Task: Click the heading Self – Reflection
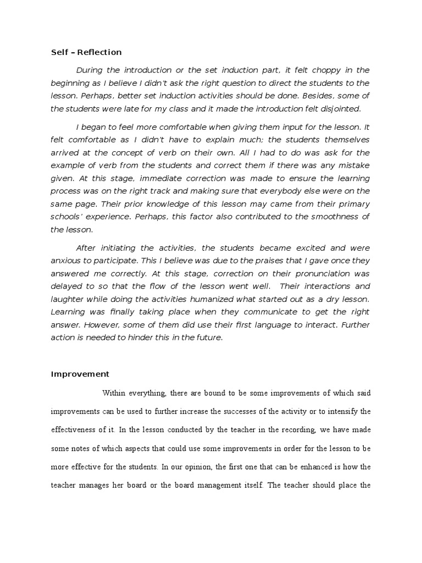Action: point(86,52)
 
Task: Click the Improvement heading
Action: point(80,374)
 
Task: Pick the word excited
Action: point(312,248)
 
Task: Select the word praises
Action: point(263,261)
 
